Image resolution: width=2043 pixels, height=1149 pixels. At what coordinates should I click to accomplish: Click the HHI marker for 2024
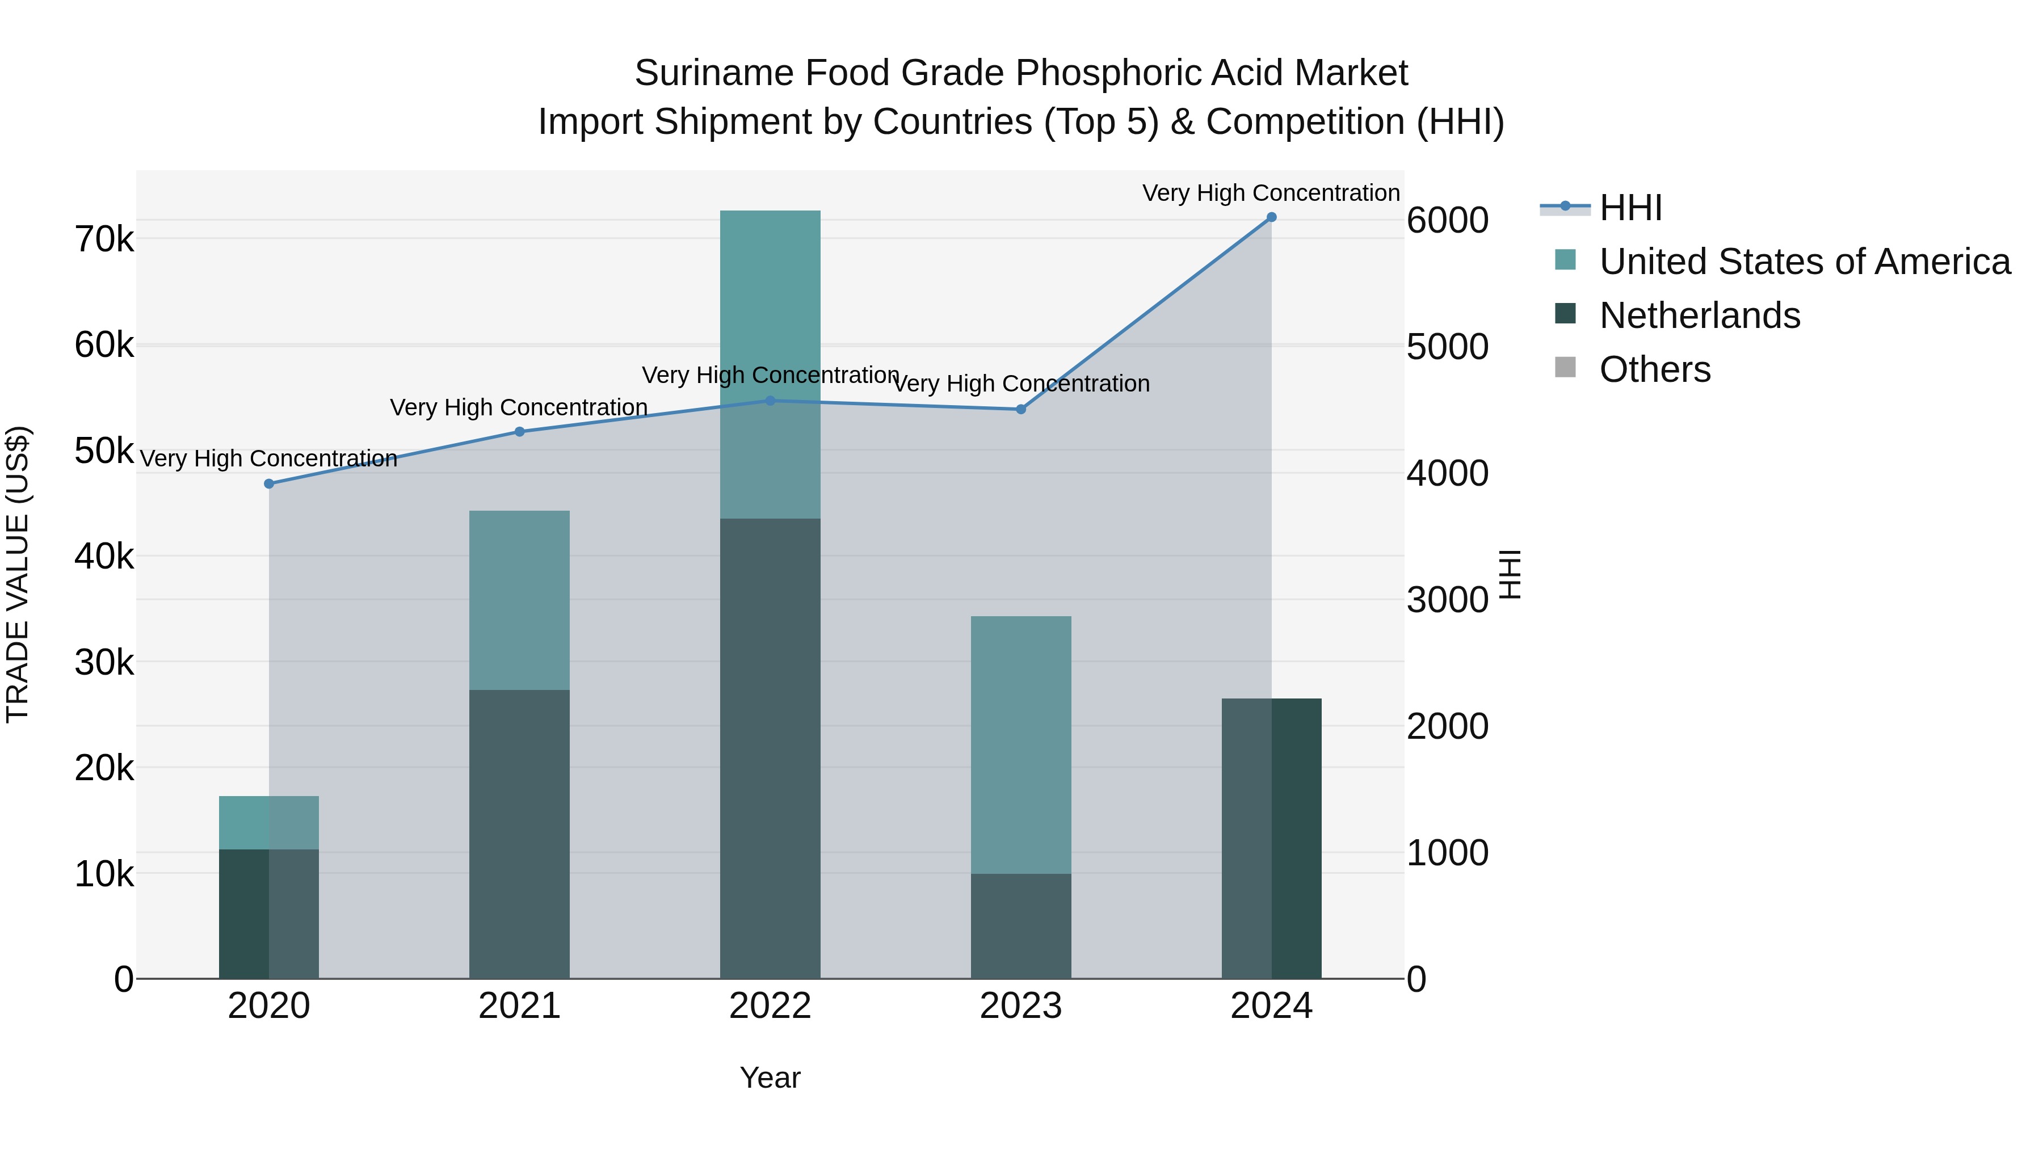[1271, 217]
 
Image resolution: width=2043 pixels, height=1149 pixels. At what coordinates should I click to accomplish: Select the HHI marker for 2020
[269, 483]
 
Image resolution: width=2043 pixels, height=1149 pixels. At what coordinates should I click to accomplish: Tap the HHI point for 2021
[519, 432]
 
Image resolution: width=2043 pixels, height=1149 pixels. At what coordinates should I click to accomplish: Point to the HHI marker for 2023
[1021, 409]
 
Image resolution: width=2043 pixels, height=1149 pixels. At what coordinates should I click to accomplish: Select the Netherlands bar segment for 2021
[519, 832]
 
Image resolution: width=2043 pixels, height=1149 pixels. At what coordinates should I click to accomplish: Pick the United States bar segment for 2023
[1021, 746]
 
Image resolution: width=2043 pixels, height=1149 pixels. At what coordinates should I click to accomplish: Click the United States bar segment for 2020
[269, 822]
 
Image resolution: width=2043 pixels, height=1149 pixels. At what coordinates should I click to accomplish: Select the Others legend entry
[1654, 369]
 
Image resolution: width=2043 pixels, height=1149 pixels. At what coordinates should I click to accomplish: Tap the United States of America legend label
[1804, 262]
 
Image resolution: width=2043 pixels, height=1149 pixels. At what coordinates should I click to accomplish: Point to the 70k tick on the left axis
[104, 239]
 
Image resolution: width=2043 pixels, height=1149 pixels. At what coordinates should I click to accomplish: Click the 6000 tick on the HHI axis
[1447, 221]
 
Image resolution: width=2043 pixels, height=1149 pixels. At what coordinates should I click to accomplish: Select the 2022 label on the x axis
[770, 1006]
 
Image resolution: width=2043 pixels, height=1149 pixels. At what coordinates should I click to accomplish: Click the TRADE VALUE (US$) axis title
[18, 574]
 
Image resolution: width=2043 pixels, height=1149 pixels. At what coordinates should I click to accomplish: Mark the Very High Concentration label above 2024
[1271, 193]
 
